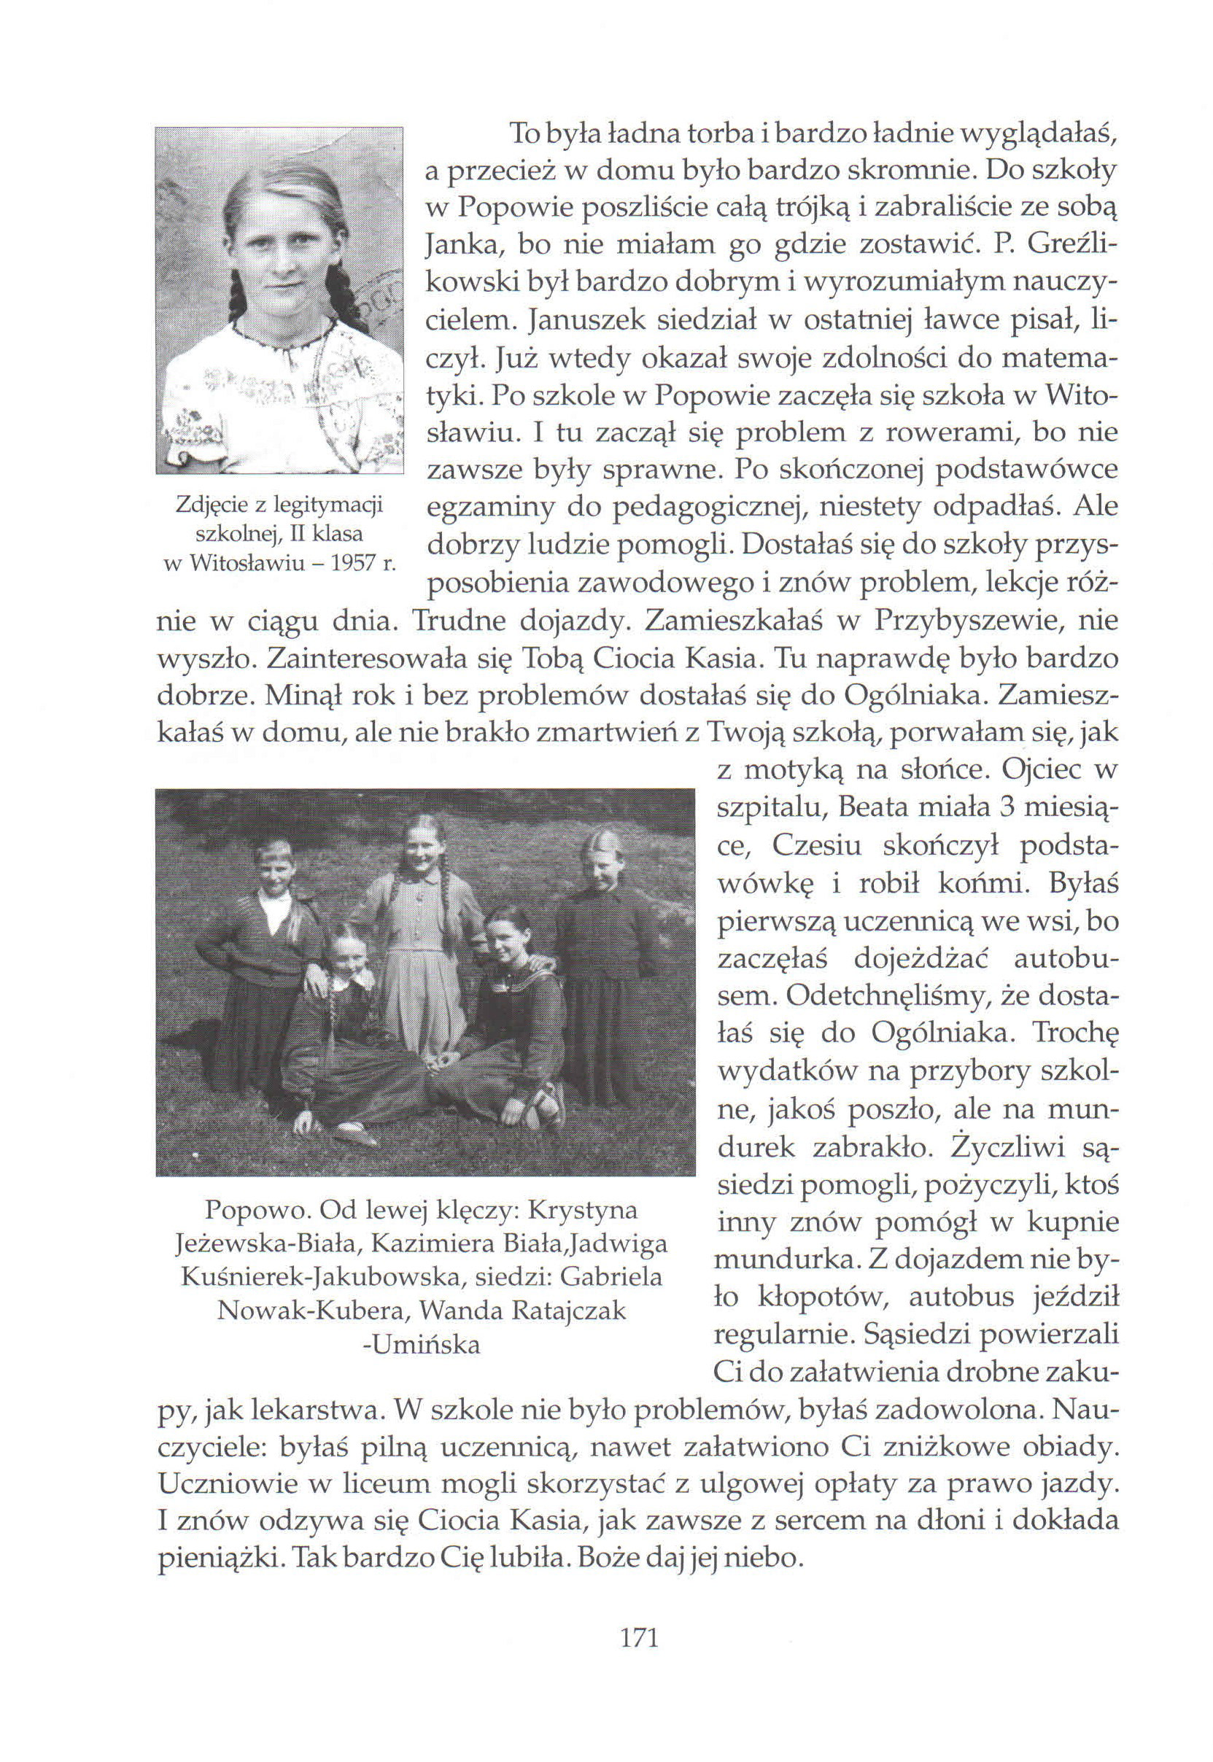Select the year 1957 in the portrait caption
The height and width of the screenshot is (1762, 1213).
point(355,564)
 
